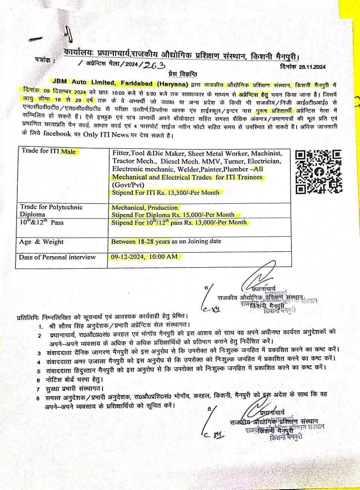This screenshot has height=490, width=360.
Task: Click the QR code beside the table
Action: tap(318, 172)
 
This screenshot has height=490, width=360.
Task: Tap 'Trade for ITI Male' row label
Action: tap(49, 152)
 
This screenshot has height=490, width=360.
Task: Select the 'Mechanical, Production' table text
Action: tap(145, 207)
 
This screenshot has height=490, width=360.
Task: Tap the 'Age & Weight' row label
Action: tap(41, 242)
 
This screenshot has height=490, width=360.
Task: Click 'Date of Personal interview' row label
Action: tap(57, 257)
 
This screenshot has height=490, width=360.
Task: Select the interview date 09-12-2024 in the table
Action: tap(128, 257)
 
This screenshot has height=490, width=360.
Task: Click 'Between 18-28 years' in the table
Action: tap(140, 241)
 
